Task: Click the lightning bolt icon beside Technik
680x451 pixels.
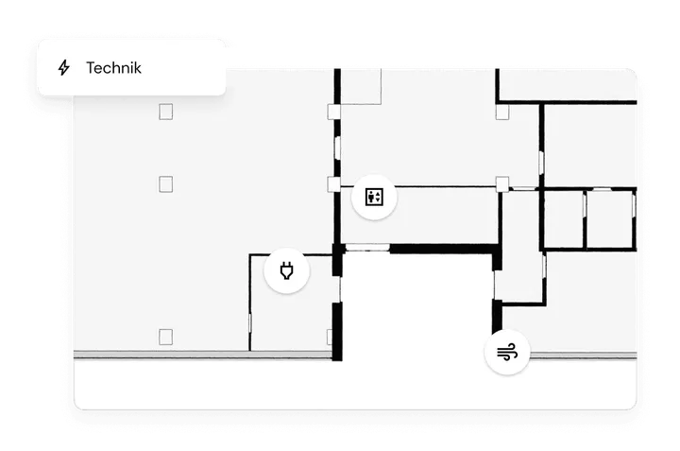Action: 64,68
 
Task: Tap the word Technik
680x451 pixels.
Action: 113,68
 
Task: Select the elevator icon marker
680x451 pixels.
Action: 374,197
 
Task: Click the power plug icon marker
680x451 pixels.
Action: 287,270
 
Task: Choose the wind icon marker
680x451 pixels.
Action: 507,352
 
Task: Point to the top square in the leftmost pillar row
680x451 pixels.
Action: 165,112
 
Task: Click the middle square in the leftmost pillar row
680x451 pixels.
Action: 165,184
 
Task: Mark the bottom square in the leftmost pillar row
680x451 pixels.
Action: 165,337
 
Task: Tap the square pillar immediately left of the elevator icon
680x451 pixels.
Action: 333,184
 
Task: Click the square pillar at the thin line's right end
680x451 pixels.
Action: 502,184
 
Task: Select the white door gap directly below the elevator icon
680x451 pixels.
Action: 367,248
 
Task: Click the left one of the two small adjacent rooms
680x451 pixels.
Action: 564,219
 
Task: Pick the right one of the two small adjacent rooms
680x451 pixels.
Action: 610,219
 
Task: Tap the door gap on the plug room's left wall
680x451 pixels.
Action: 249,323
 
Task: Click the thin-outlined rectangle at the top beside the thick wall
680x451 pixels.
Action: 361,86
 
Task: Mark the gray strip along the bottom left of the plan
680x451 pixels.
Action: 202,355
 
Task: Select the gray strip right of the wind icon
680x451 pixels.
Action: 584,356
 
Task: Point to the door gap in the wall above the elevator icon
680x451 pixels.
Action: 337,148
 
